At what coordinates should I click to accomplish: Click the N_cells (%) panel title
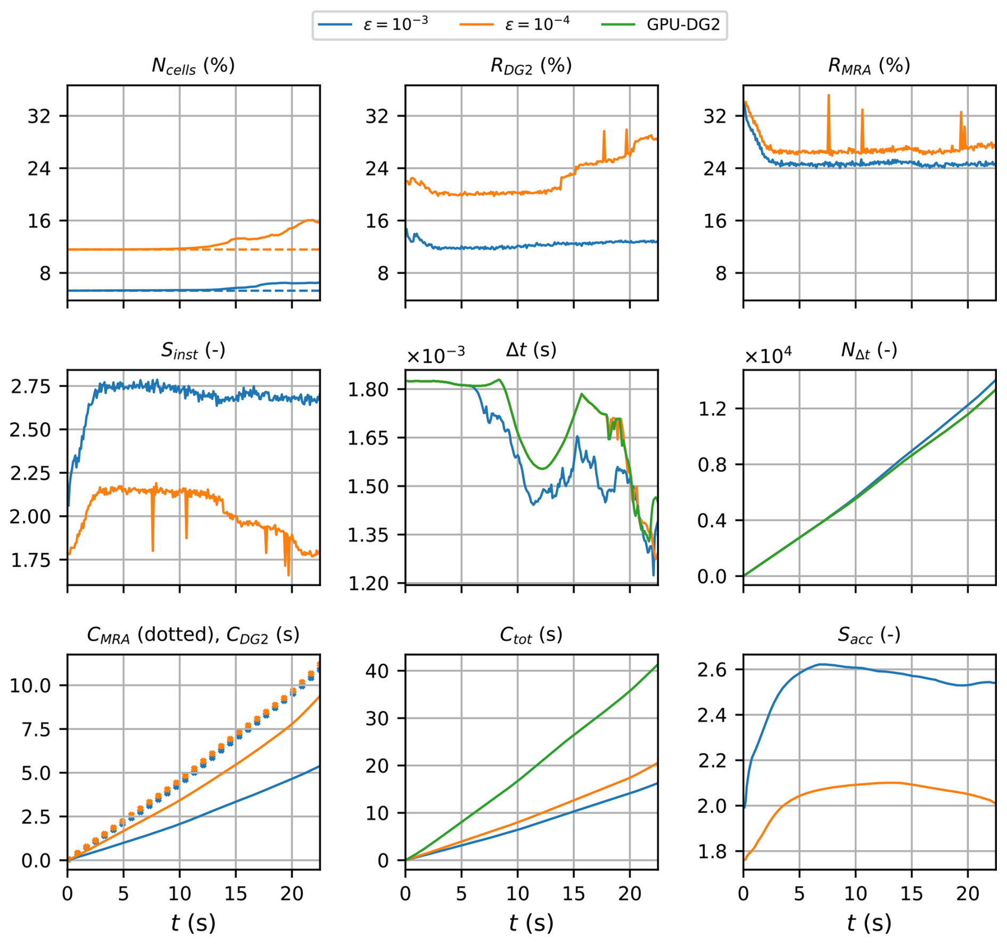pos(193,66)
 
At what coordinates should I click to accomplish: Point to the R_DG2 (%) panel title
pos(531,66)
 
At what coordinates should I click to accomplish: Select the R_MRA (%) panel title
pos(869,66)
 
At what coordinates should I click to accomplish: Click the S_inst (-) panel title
pos(193,350)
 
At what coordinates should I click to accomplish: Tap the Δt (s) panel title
pos(531,350)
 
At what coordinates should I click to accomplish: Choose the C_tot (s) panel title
pos(531,635)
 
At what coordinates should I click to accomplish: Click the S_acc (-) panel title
pos(869,635)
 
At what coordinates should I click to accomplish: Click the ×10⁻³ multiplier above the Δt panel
pos(435,355)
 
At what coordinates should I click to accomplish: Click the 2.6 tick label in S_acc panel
pos(712,670)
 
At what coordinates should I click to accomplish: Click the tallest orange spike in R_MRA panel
pos(828,96)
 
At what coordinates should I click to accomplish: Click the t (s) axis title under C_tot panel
pos(531,922)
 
